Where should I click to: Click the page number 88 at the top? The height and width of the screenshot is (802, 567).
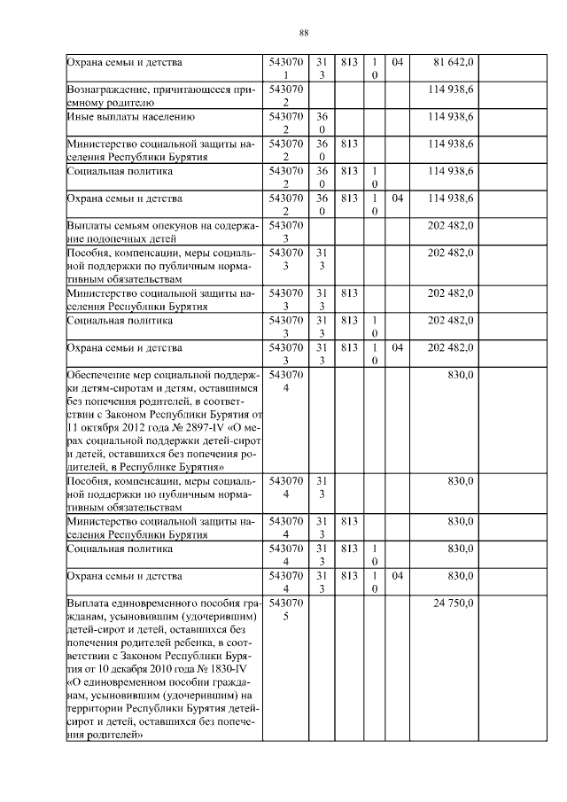click(x=303, y=33)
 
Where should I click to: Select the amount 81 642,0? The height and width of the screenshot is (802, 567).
click(x=454, y=62)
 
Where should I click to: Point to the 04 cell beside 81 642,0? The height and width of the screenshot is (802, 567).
click(x=397, y=62)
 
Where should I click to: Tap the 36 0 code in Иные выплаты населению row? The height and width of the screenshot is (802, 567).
click(x=322, y=122)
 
